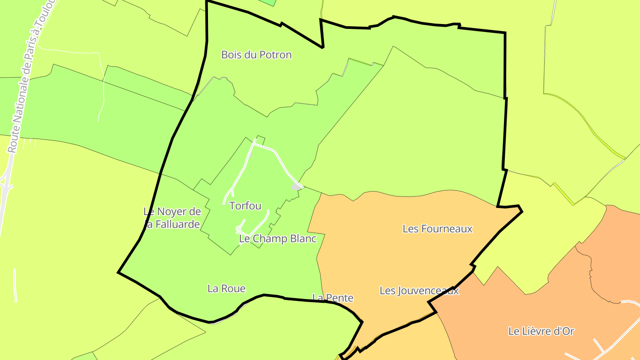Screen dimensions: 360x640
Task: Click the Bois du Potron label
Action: (x=256, y=55)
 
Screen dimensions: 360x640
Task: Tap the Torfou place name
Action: (x=245, y=206)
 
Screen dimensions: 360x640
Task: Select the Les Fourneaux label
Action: (x=437, y=229)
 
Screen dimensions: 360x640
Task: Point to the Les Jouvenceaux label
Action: (x=419, y=291)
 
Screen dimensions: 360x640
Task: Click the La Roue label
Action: (x=226, y=288)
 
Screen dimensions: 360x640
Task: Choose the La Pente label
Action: (x=333, y=297)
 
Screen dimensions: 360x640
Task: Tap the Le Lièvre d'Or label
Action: (x=541, y=331)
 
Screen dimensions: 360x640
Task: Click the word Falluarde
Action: (x=176, y=224)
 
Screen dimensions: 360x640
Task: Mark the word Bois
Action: (x=231, y=55)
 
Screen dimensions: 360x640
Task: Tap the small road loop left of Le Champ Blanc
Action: (x=239, y=229)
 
